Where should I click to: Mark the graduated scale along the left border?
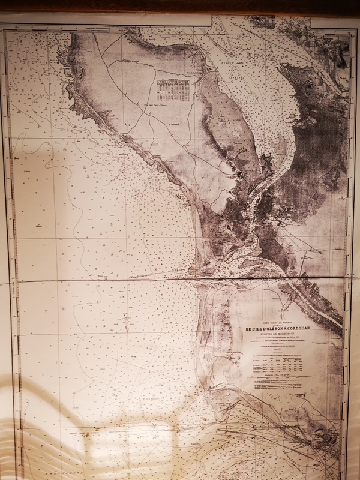(x=7, y=240)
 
